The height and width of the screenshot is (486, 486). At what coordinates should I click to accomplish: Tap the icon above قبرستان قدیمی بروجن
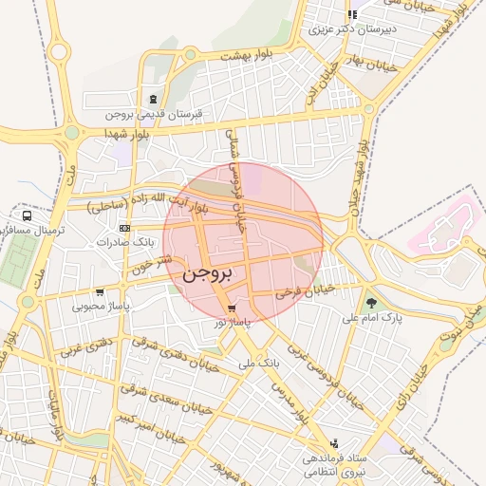[x=154, y=100]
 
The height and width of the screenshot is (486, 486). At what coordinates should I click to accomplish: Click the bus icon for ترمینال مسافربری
[x=28, y=215]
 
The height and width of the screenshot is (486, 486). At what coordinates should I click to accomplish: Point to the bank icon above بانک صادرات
[x=124, y=229]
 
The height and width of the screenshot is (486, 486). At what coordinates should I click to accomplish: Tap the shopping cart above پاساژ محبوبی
[x=100, y=292]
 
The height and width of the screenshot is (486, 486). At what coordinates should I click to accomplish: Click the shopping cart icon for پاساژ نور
[x=233, y=308]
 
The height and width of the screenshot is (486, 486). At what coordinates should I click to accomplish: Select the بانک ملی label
[x=259, y=363]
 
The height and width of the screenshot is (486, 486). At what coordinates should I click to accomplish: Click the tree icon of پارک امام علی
[x=370, y=303]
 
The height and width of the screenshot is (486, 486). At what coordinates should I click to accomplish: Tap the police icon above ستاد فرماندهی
[x=333, y=443]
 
